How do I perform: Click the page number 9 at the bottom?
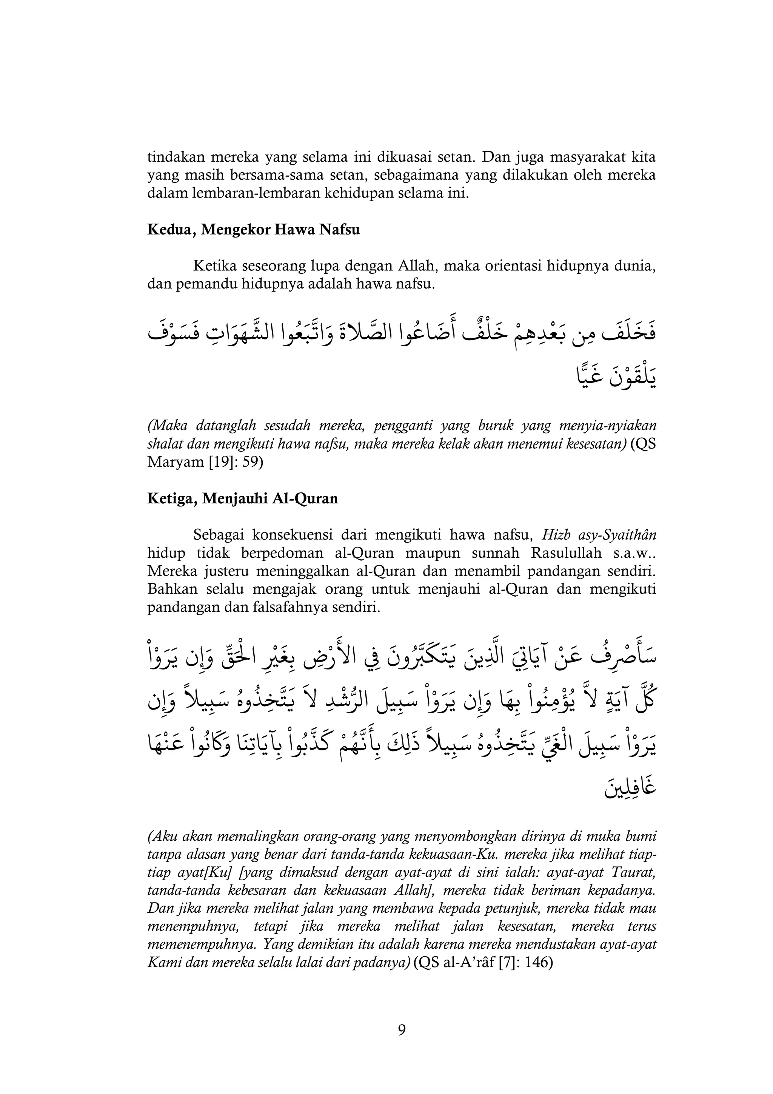coord(402,1030)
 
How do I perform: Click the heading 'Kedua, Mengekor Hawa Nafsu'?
coord(253,230)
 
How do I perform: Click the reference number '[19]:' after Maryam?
coord(223,462)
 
